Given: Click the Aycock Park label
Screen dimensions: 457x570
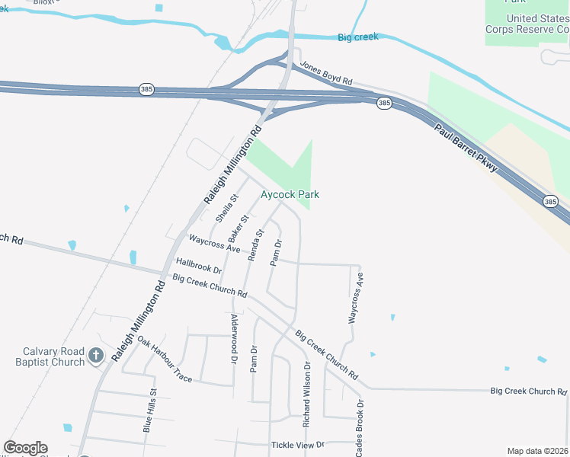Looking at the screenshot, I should pyautogui.click(x=290, y=195).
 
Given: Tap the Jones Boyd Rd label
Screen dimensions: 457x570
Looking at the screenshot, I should pyautogui.click(x=326, y=74).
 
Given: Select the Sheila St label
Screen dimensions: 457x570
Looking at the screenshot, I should pyautogui.click(x=227, y=207).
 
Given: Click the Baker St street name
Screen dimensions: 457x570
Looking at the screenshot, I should pyautogui.click(x=239, y=229).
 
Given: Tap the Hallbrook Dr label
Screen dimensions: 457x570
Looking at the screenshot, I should pyautogui.click(x=198, y=265).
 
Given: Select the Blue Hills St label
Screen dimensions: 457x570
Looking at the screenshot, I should pyautogui.click(x=149, y=411).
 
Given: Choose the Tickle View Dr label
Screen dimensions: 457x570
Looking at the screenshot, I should pyautogui.click(x=298, y=445).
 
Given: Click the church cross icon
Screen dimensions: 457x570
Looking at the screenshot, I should pyautogui.click(x=96, y=355).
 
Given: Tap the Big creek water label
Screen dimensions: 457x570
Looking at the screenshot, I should pyautogui.click(x=357, y=37).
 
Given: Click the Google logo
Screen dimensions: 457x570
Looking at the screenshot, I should pyautogui.click(x=25, y=448).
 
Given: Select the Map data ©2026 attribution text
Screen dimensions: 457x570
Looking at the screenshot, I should pyautogui.click(x=537, y=451).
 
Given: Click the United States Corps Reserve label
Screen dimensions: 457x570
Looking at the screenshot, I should pyautogui.click(x=527, y=24).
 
